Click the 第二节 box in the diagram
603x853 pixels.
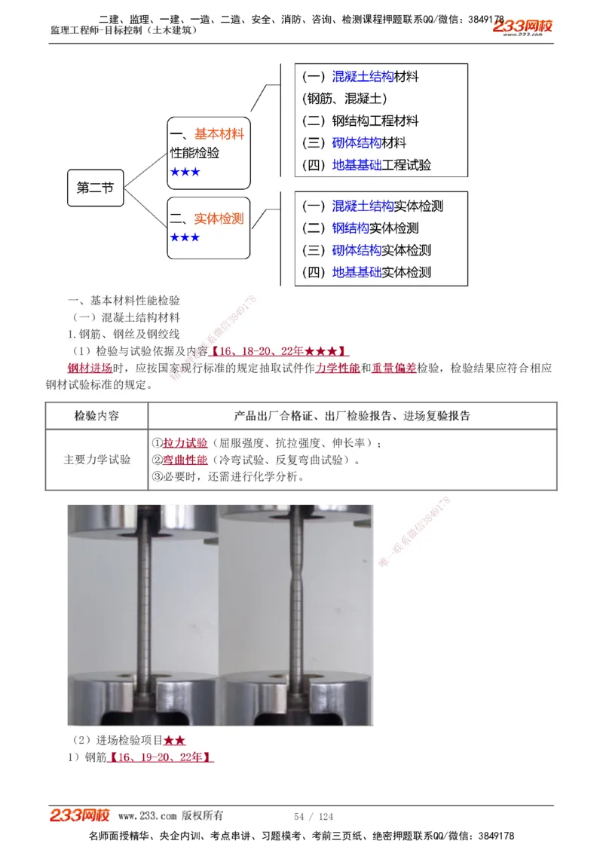(95, 188)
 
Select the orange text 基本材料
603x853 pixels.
(219, 134)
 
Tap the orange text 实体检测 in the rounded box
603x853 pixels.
(219, 219)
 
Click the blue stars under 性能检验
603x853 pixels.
(185, 173)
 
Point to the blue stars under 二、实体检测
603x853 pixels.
(185, 238)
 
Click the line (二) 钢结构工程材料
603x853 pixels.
(360, 121)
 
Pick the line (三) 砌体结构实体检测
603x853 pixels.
(366, 250)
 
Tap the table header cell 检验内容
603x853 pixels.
(96, 416)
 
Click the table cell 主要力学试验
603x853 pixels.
(96, 460)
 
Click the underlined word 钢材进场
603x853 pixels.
(90, 368)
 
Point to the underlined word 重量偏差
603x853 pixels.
(393, 368)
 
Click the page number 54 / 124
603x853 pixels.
(314, 817)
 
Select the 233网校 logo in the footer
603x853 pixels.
(80, 815)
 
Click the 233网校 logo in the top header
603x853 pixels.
(522, 27)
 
